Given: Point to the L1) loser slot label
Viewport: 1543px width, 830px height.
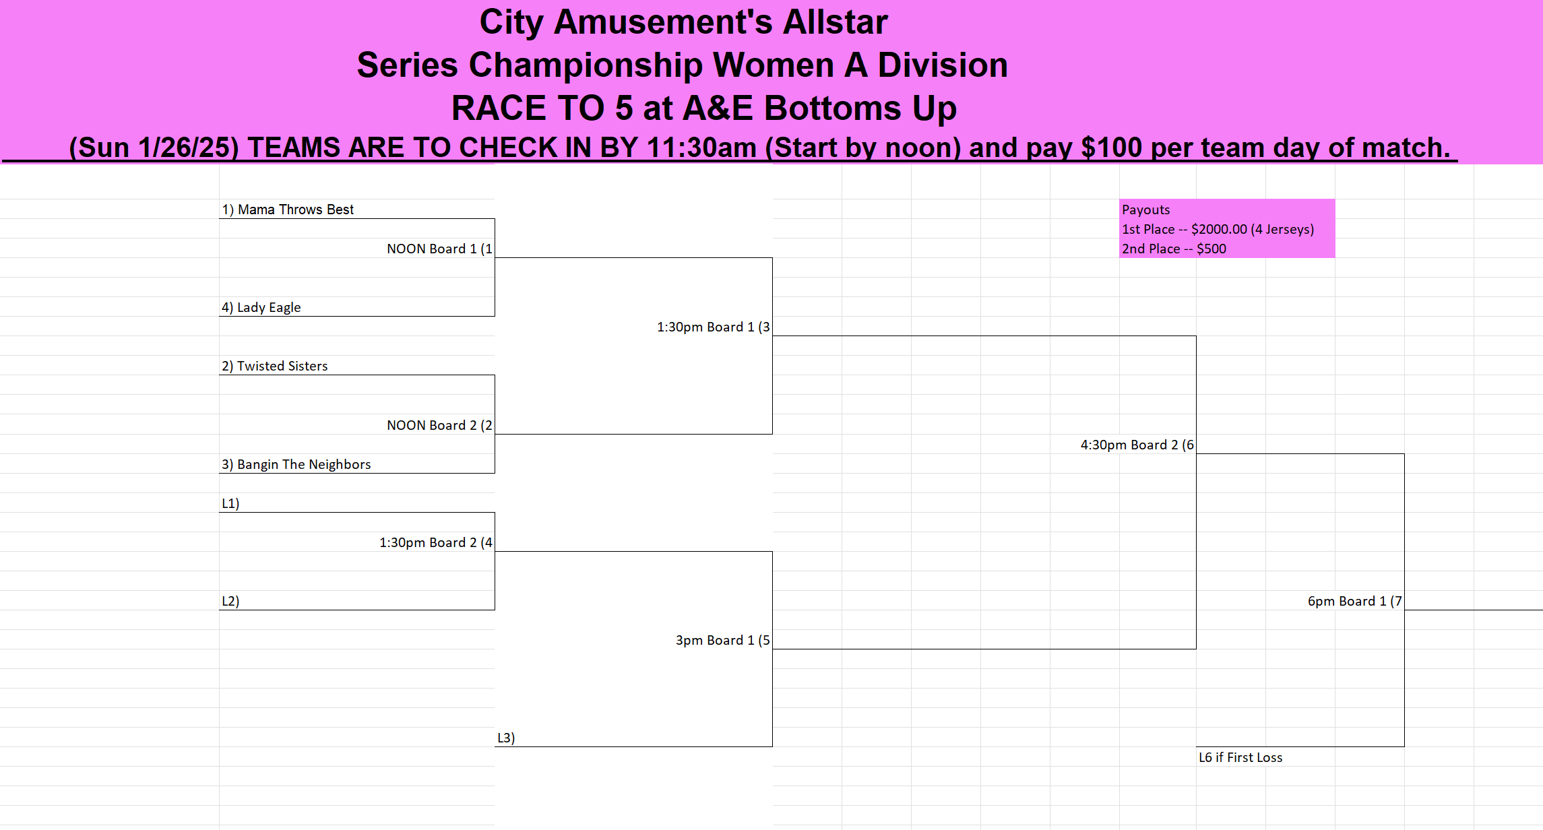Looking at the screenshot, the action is (x=230, y=503).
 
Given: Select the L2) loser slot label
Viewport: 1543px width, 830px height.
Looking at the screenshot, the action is (x=230, y=601).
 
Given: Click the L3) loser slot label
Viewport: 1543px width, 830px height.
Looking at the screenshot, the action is (x=506, y=738).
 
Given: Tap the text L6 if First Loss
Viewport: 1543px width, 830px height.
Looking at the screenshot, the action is (x=1240, y=757).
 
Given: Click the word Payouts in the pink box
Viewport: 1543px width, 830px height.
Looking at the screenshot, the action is (x=1146, y=210).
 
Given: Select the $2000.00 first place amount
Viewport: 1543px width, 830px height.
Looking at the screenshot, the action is (x=1219, y=229).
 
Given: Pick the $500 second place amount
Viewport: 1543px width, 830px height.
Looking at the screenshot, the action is (x=1211, y=249).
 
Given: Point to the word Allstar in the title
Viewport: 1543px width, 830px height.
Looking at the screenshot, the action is (x=835, y=22).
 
